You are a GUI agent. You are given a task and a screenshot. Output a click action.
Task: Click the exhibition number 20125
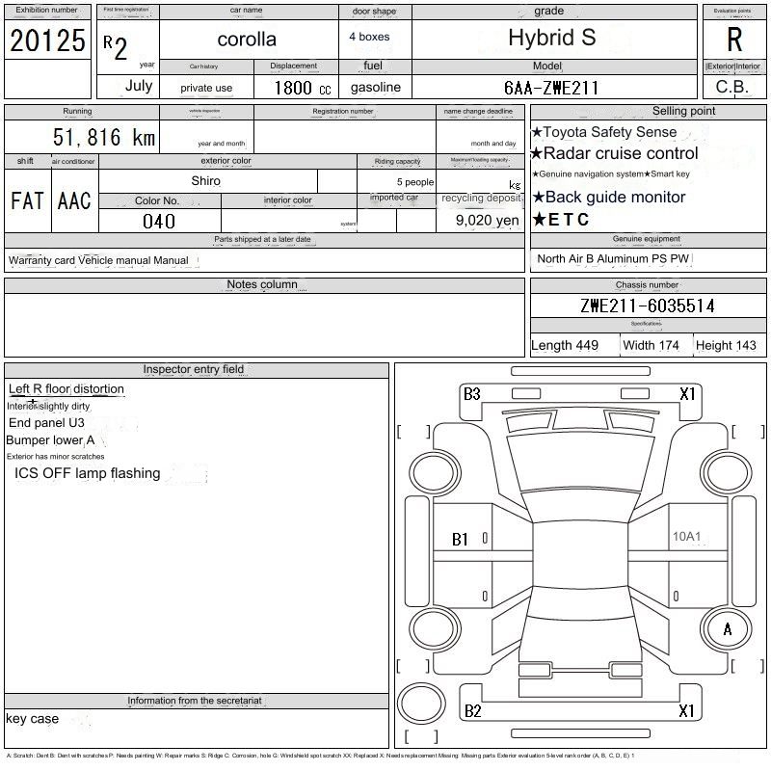click(47, 40)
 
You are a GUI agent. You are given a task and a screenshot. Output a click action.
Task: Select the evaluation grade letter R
click(734, 40)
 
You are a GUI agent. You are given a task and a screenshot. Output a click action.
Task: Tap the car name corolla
click(247, 40)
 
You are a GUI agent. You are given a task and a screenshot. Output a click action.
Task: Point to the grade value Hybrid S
click(552, 39)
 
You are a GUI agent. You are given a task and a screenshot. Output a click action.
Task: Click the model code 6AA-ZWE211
click(551, 88)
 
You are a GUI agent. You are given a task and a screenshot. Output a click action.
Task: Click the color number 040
click(159, 221)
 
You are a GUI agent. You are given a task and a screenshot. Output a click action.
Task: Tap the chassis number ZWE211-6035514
click(648, 306)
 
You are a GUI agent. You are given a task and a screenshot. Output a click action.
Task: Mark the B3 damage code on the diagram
click(471, 394)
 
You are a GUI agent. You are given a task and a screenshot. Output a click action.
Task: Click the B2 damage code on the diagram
click(472, 711)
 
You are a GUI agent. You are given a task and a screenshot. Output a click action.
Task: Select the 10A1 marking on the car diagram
click(686, 537)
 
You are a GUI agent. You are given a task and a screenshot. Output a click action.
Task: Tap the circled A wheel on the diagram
click(728, 629)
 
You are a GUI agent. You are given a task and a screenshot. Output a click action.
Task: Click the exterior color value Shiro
click(205, 181)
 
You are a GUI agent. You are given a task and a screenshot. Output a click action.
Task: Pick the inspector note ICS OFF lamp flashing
click(87, 473)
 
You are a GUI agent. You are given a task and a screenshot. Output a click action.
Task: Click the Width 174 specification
click(651, 345)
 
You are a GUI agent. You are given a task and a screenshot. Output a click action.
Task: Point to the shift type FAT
click(27, 200)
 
